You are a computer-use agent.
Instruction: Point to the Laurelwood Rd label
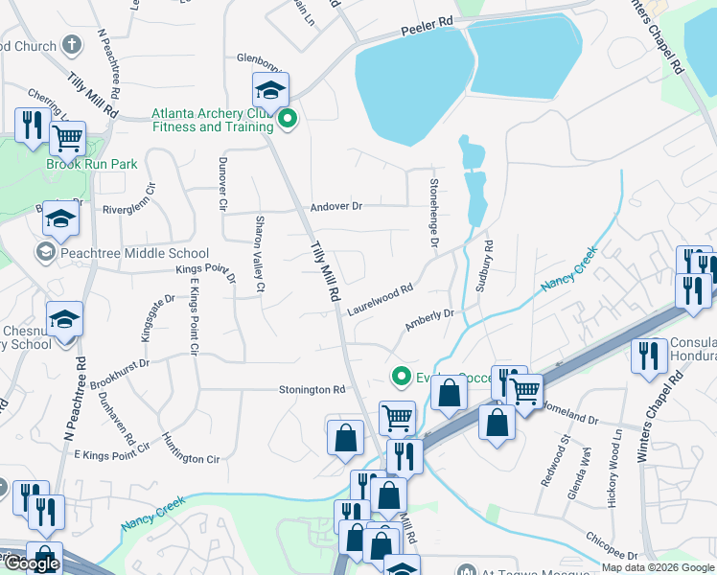(381, 298)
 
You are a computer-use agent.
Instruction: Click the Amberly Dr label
(428, 320)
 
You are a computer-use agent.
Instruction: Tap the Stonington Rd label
(312, 390)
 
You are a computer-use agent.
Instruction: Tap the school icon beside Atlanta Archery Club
(270, 91)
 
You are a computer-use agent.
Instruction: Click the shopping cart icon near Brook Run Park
(67, 138)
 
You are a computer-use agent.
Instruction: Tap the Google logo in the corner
(32, 563)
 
